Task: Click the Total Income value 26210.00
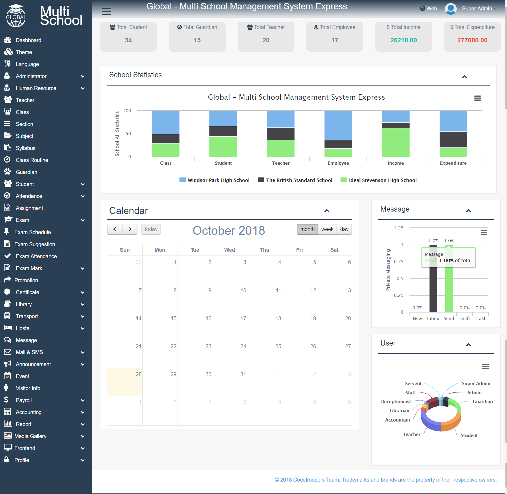403,40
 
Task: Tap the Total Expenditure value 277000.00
472,40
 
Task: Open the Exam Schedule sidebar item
33,232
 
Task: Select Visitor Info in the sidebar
28,388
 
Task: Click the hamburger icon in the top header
106,11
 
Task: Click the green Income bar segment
396,143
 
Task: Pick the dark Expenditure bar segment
453,140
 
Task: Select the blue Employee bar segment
338,125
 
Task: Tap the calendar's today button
151,229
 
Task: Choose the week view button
327,229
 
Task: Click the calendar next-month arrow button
130,229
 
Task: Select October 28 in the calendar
125,382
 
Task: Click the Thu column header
265,250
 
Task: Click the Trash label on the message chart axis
480,318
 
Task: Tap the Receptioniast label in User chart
396,402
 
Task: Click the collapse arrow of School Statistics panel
464,77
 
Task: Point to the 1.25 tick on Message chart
399,228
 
